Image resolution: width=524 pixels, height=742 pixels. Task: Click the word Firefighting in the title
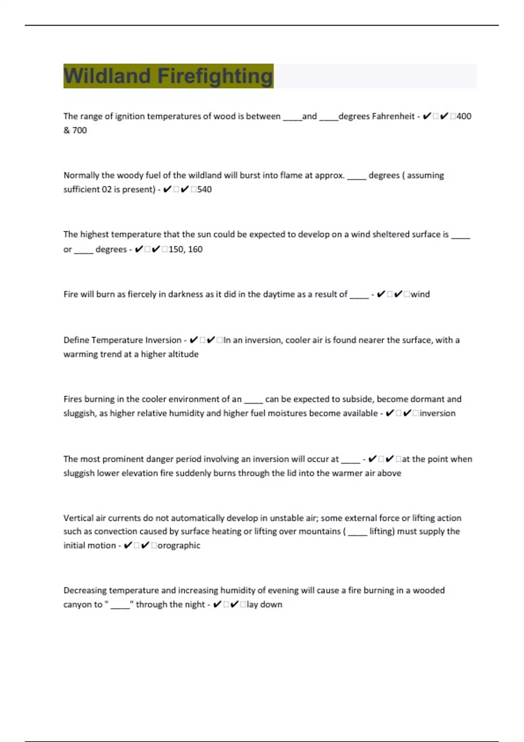pos(215,76)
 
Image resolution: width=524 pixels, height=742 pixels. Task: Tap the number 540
pos(204,189)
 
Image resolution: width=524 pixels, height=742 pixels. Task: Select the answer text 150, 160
pos(186,249)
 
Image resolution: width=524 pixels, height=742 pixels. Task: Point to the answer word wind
pos(420,294)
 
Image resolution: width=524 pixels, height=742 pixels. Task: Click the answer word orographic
pos(179,546)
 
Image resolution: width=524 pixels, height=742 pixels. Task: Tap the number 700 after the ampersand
pos(79,131)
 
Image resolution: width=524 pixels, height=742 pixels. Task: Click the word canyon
pos(77,605)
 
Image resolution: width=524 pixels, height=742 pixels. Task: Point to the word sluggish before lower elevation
pos(79,473)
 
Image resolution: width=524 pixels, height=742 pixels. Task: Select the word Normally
pos(81,175)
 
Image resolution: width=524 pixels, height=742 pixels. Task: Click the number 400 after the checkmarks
pos(464,117)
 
